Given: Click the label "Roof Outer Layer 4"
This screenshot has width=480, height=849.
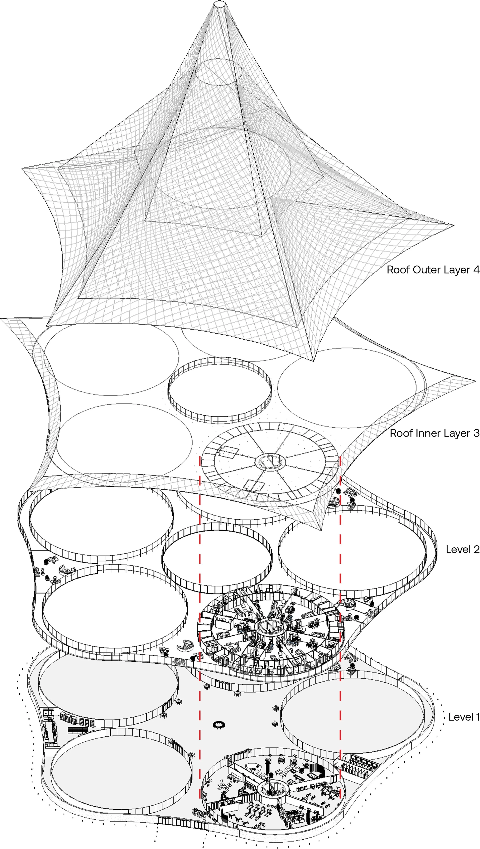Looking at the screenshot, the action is [x=433, y=270].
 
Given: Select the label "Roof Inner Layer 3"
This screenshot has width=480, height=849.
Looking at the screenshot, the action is [x=434, y=433].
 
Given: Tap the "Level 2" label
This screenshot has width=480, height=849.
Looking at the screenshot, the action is [x=462, y=549].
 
